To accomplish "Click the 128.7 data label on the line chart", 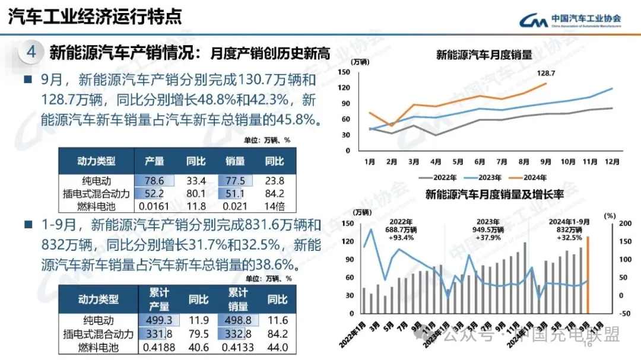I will tap(545, 73).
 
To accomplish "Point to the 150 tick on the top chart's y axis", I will tap(343, 72).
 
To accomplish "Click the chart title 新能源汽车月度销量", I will tap(484, 55).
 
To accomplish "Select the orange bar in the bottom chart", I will tap(588, 275).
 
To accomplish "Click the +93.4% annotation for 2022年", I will tap(401, 237).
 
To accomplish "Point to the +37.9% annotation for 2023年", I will tap(489, 237).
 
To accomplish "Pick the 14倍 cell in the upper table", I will tap(274, 206).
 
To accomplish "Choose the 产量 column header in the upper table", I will tap(154, 161).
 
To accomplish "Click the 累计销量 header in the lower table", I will tap(238, 300).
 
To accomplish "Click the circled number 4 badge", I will tap(31, 52).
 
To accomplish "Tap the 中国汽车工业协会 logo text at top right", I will tap(586, 18).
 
